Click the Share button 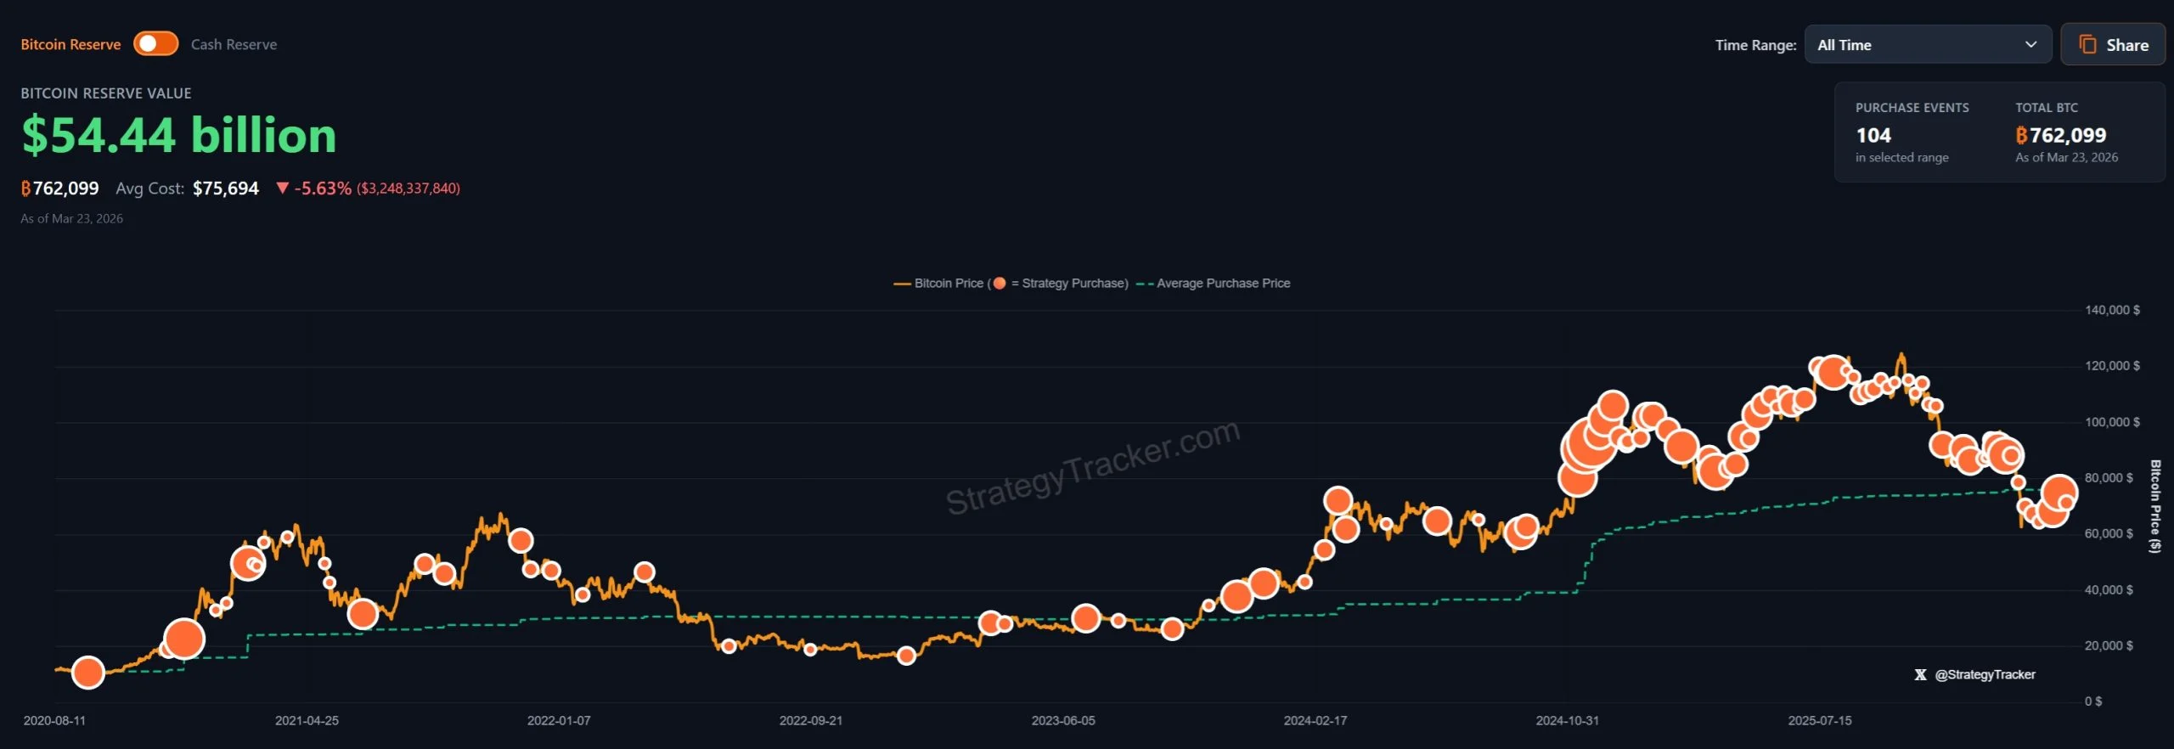[x=2113, y=45]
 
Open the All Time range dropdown [x=1927, y=45]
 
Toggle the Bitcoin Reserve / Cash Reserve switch [x=155, y=44]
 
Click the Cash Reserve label [x=234, y=45]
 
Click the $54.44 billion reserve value [x=179, y=136]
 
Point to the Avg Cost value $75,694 [x=225, y=189]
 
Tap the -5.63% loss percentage [x=322, y=189]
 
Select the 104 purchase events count [x=1873, y=136]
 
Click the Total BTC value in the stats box [x=2060, y=136]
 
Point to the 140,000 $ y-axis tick [x=2111, y=311]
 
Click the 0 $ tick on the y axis [x=2093, y=701]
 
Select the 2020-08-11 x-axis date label [x=54, y=721]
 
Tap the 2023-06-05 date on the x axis [x=1063, y=721]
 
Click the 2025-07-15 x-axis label [x=1820, y=721]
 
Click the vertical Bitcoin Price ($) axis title [x=2154, y=506]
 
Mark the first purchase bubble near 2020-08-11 [x=88, y=673]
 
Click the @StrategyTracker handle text [x=1985, y=675]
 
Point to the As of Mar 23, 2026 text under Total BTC [x=2066, y=158]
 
